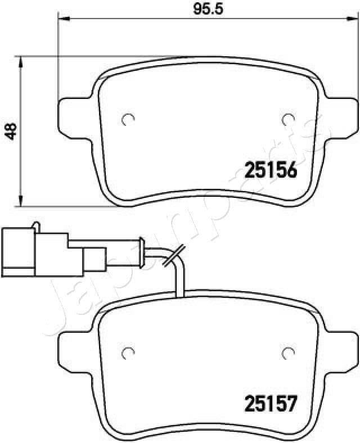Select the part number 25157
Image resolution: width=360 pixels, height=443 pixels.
[x=269, y=403]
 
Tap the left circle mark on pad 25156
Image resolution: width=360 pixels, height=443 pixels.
[x=128, y=119]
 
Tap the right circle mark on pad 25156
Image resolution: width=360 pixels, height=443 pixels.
[x=288, y=119]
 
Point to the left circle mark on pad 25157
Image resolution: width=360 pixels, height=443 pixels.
[x=128, y=352]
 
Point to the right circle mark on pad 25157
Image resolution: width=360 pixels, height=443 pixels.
[x=288, y=352]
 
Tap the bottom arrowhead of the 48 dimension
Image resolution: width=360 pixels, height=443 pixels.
[x=21, y=202]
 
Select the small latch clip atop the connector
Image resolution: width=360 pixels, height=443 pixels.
[x=36, y=225]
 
